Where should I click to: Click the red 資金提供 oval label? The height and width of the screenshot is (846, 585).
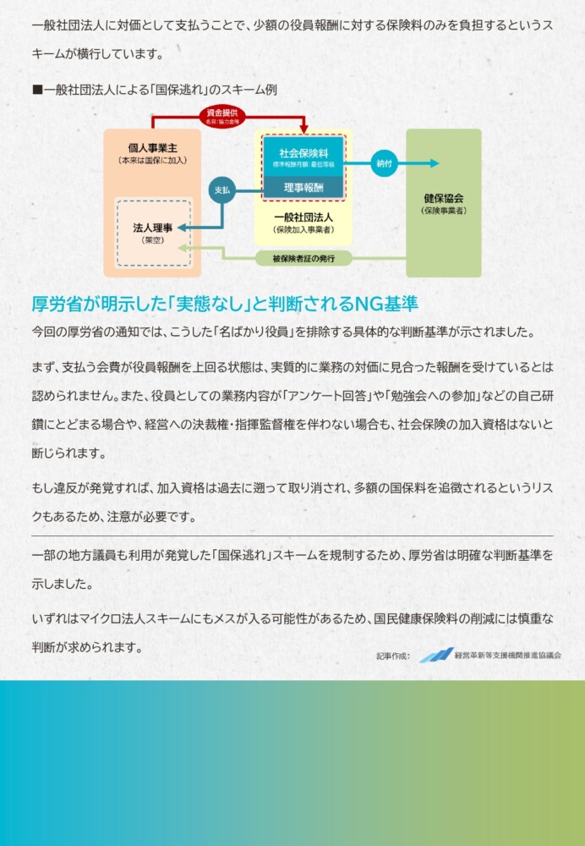[222, 116]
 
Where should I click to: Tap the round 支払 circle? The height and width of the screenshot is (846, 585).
[222, 190]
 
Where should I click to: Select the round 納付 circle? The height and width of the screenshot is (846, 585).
[384, 163]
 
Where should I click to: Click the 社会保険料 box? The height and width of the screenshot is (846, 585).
[303, 157]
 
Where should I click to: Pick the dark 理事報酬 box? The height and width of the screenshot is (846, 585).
[303, 188]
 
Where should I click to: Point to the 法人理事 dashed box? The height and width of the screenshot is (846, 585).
[153, 233]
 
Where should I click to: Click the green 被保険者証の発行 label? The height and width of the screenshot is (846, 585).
[303, 258]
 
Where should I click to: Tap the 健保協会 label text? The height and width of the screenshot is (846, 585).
[444, 199]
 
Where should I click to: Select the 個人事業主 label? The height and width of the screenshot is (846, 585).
[152, 148]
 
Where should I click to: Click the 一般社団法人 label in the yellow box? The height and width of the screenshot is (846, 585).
[303, 217]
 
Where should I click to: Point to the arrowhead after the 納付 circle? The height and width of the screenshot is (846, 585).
[435, 163]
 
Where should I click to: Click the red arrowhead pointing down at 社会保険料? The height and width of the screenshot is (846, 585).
[303, 129]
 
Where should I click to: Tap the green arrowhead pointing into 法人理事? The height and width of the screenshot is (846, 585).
[183, 248]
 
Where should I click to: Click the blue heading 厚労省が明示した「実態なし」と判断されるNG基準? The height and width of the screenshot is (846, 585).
[225, 304]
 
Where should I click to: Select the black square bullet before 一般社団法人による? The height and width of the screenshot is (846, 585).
[37, 90]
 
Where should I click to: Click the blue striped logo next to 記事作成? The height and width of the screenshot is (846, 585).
[436, 655]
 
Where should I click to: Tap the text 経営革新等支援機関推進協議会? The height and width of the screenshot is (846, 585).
[508, 656]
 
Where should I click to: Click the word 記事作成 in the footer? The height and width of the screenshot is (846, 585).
[393, 656]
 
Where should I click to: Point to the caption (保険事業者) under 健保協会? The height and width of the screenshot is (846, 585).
[444, 211]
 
